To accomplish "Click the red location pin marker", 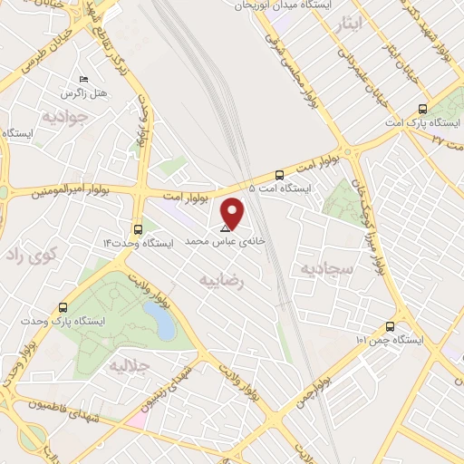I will (x=234, y=213).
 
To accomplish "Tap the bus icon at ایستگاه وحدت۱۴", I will (x=138, y=229).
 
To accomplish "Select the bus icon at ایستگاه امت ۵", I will (x=278, y=175).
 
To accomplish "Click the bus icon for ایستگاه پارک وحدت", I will (x=63, y=307).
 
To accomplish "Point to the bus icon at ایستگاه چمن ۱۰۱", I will (x=391, y=326).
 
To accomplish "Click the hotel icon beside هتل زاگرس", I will (x=84, y=81).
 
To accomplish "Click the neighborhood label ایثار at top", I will (x=372, y=24).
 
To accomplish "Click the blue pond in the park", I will (x=159, y=319).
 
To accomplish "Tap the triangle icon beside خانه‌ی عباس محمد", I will (x=225, y=229).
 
